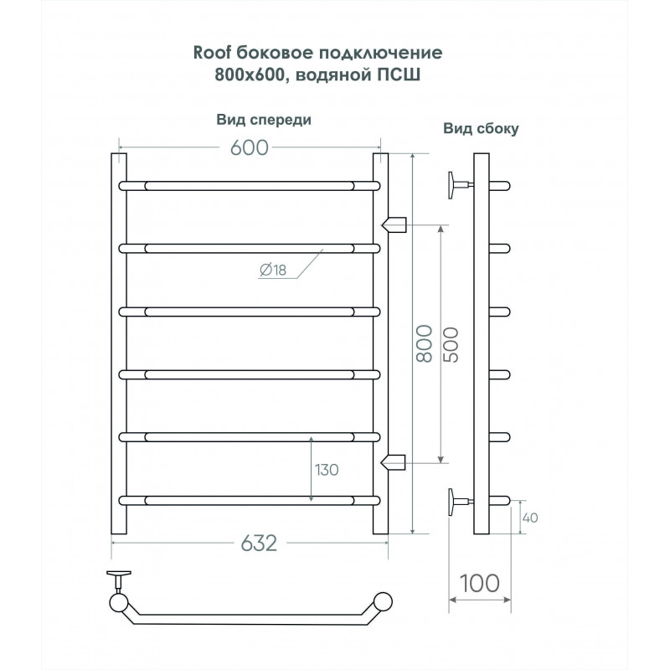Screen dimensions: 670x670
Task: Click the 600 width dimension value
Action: [x=249, y=147]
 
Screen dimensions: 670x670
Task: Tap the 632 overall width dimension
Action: [x=259, y=544]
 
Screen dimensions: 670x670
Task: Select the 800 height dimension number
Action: [x=425, y=343]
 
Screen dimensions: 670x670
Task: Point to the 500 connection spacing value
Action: [x=451, y=345]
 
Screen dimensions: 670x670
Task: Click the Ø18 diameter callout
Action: [x=273, y=270]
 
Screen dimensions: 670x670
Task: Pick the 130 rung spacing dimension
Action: [x=327, y=470]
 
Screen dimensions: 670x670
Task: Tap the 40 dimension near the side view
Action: [x=530, y=518]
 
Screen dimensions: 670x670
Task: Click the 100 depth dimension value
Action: [x=479, y=583]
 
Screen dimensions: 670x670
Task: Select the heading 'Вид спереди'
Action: [x=264, y=120]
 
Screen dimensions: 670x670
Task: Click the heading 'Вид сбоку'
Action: [x=481, y=128]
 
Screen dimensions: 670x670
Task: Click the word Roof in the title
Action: [x=212, y=53]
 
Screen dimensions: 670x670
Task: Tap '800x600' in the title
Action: [x=250, y=75]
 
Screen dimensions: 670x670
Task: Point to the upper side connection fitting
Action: [x=394, y=224]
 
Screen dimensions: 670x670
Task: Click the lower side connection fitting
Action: [x=393, y=462]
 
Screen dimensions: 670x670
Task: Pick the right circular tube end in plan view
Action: [x=383, y=601]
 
